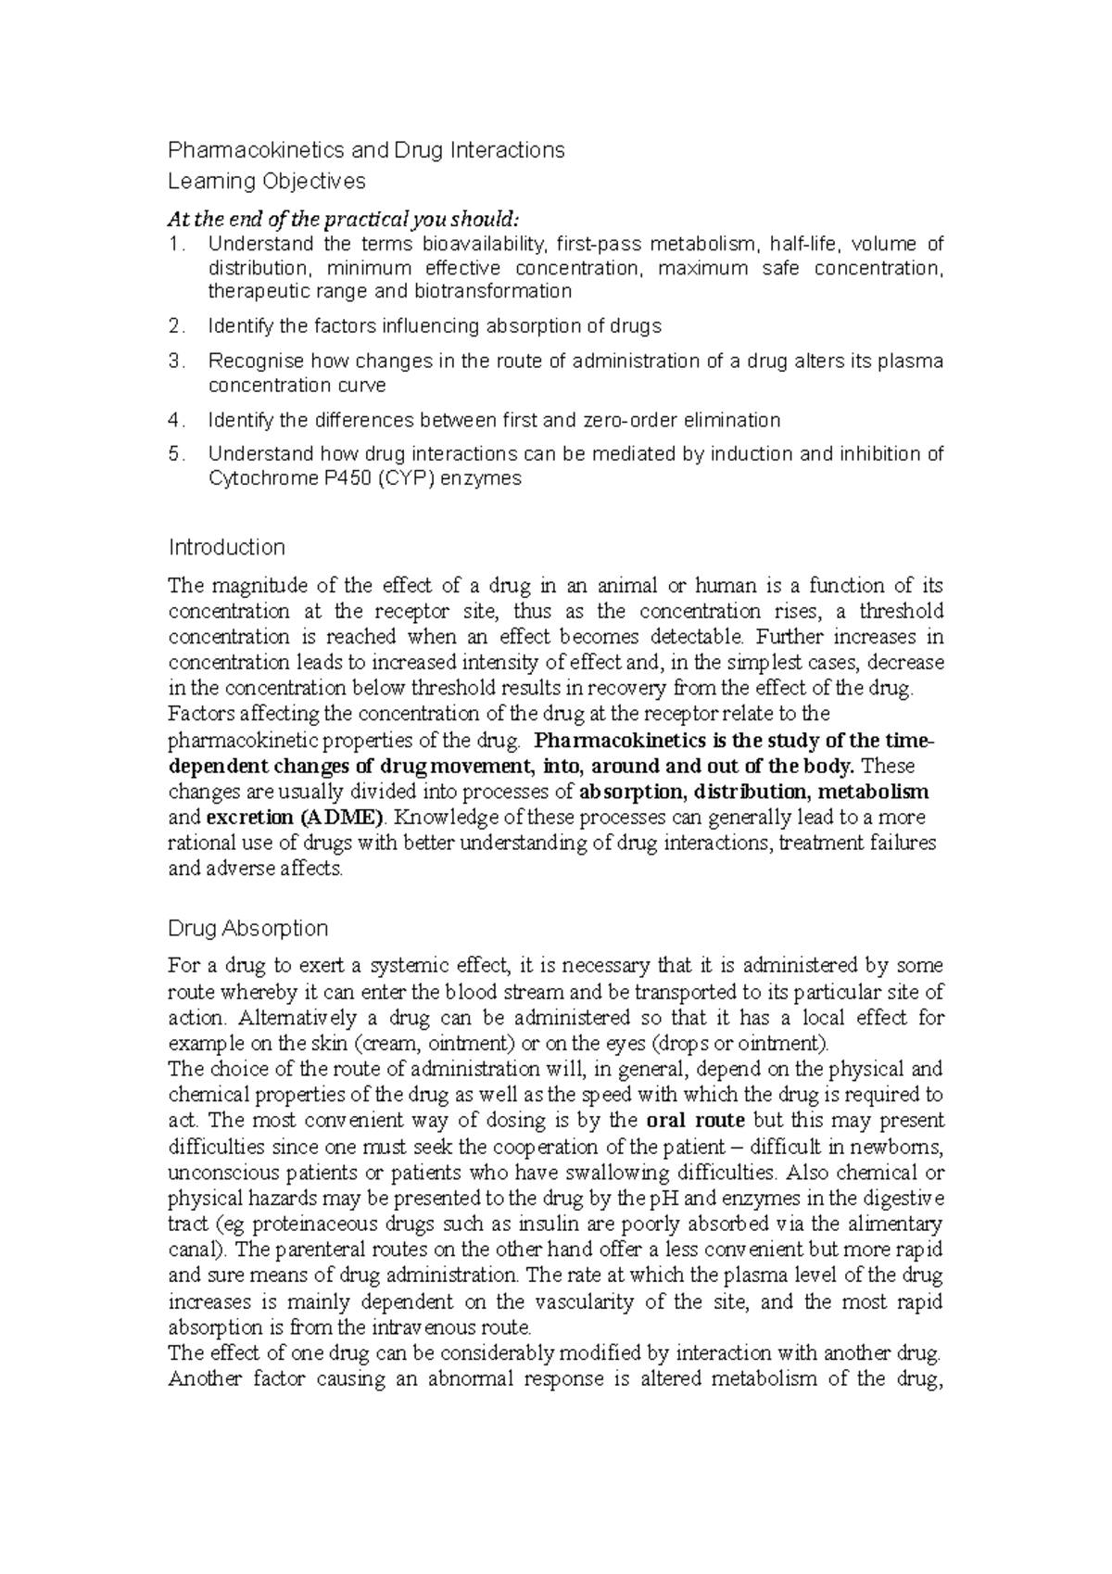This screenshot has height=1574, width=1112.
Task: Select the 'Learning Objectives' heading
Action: click(x=267, y=181)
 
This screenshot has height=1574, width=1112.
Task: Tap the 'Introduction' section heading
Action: click(x=226, y=547)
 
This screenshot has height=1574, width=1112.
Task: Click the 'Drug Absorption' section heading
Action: click(x=248, y=928)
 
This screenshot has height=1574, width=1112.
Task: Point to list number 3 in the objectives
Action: click(x=176, y=362)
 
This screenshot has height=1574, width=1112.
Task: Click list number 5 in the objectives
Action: click(x=176, y=454)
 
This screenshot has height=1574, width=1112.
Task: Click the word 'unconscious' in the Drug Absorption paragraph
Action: click(x=214, y=1172)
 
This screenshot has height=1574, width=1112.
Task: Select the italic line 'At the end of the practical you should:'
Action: click(x=344, y=220)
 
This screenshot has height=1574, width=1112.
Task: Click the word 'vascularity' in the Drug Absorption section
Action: click(x=591, y=1301)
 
